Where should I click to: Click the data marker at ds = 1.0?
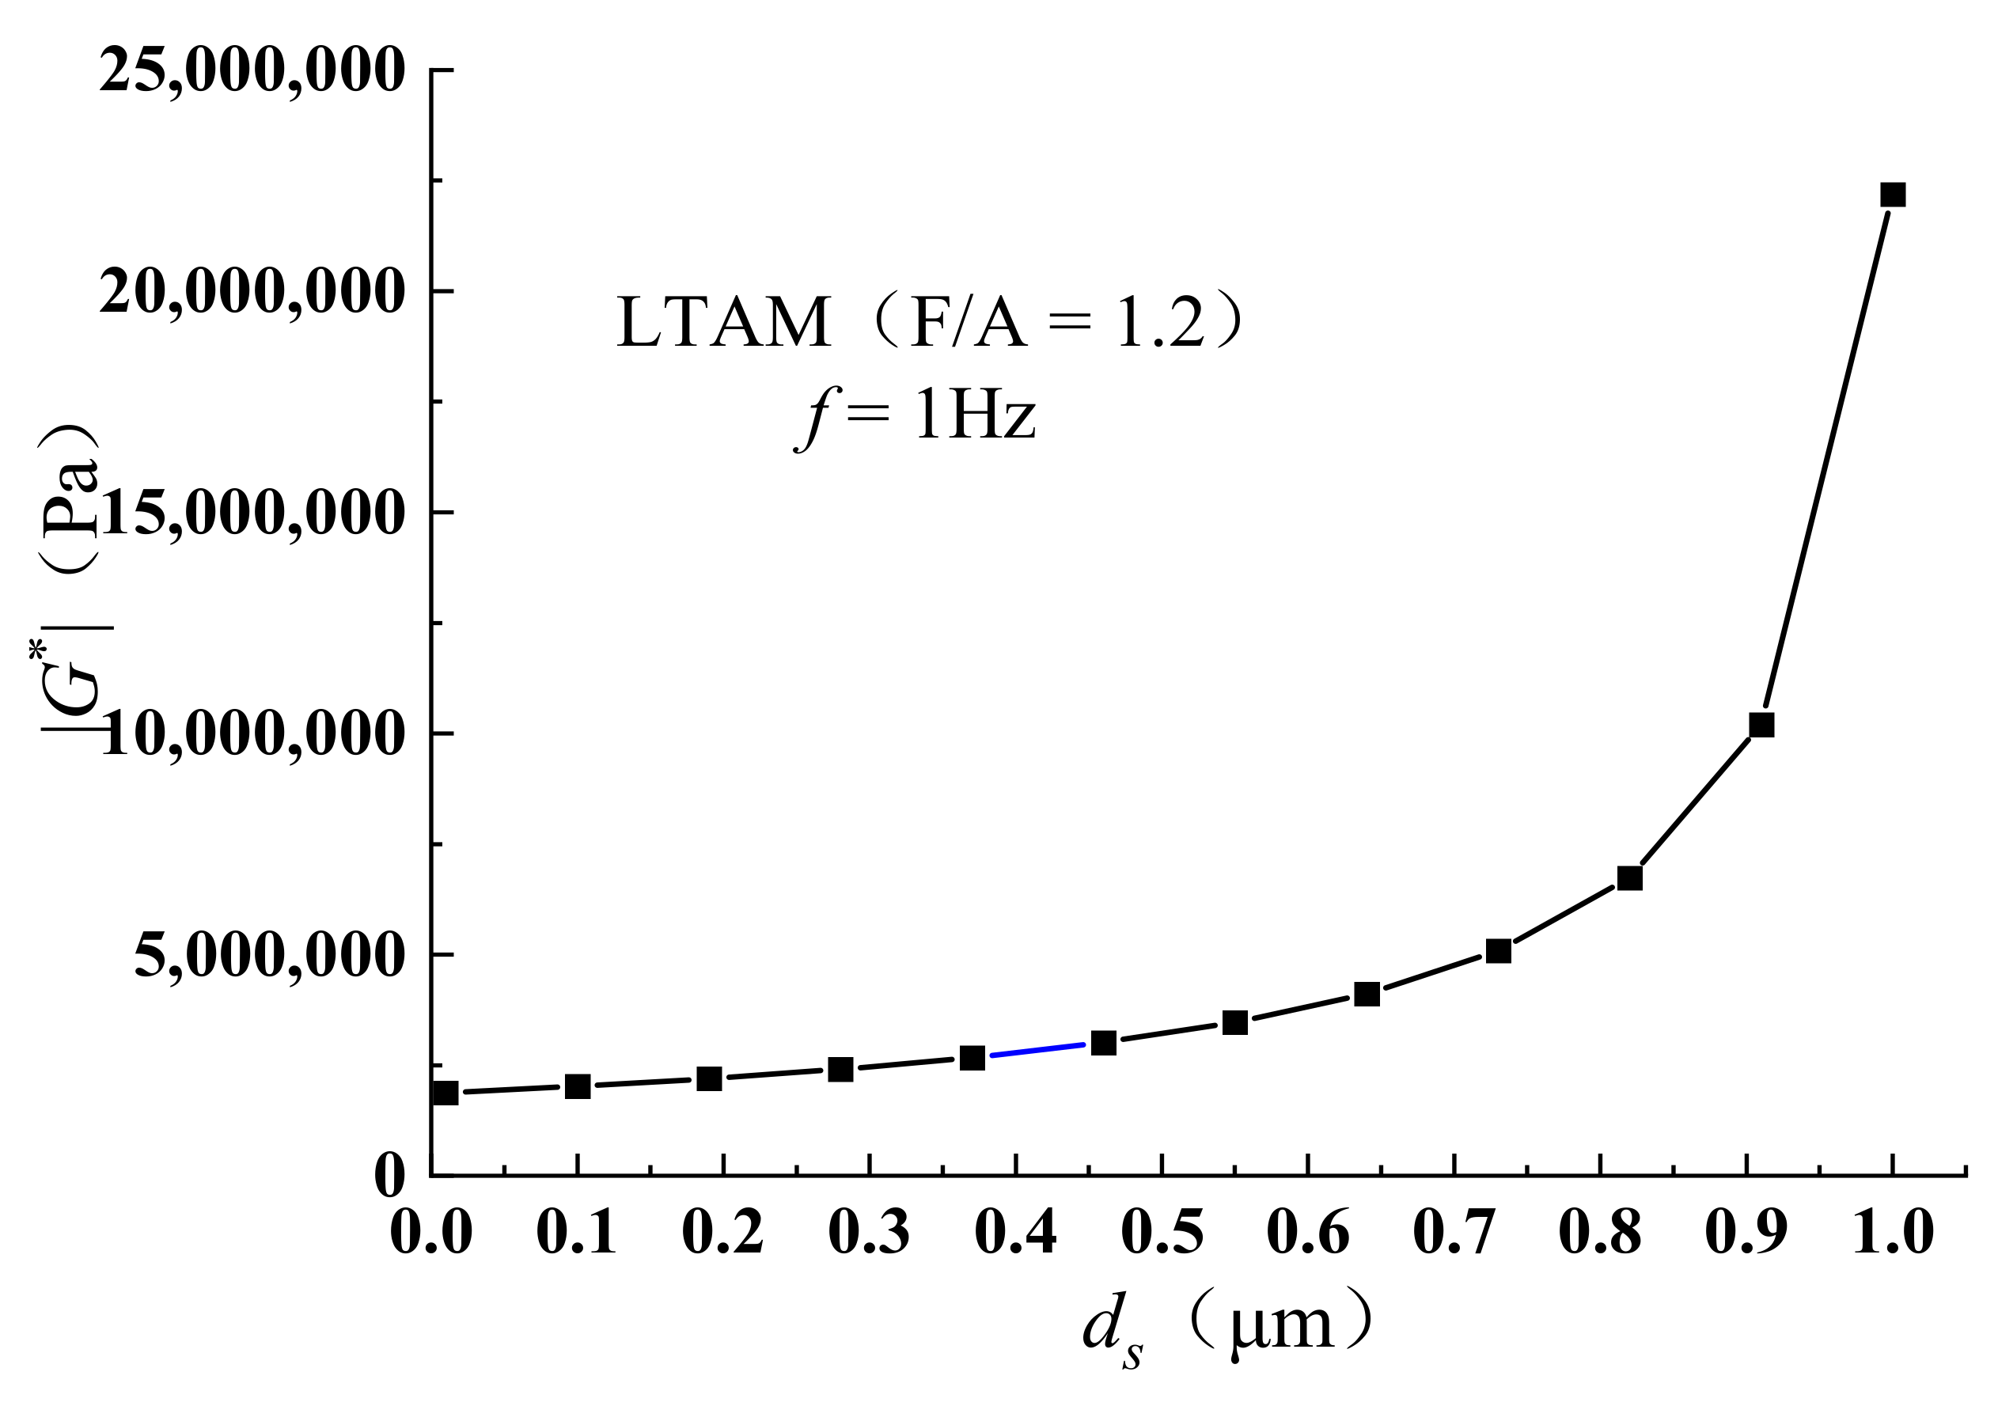[x=1893, y=194]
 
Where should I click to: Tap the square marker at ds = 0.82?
[x=1630, y=878]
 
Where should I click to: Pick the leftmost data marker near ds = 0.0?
[x=445, y=1093]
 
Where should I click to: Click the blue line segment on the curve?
[x=1037, y=1049]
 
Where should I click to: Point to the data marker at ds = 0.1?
[x=578, y=1086]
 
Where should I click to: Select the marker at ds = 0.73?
[x=1499, y=951]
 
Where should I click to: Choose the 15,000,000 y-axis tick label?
[x=252, y=513]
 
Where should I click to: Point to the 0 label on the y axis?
[x=389, y=1177]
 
